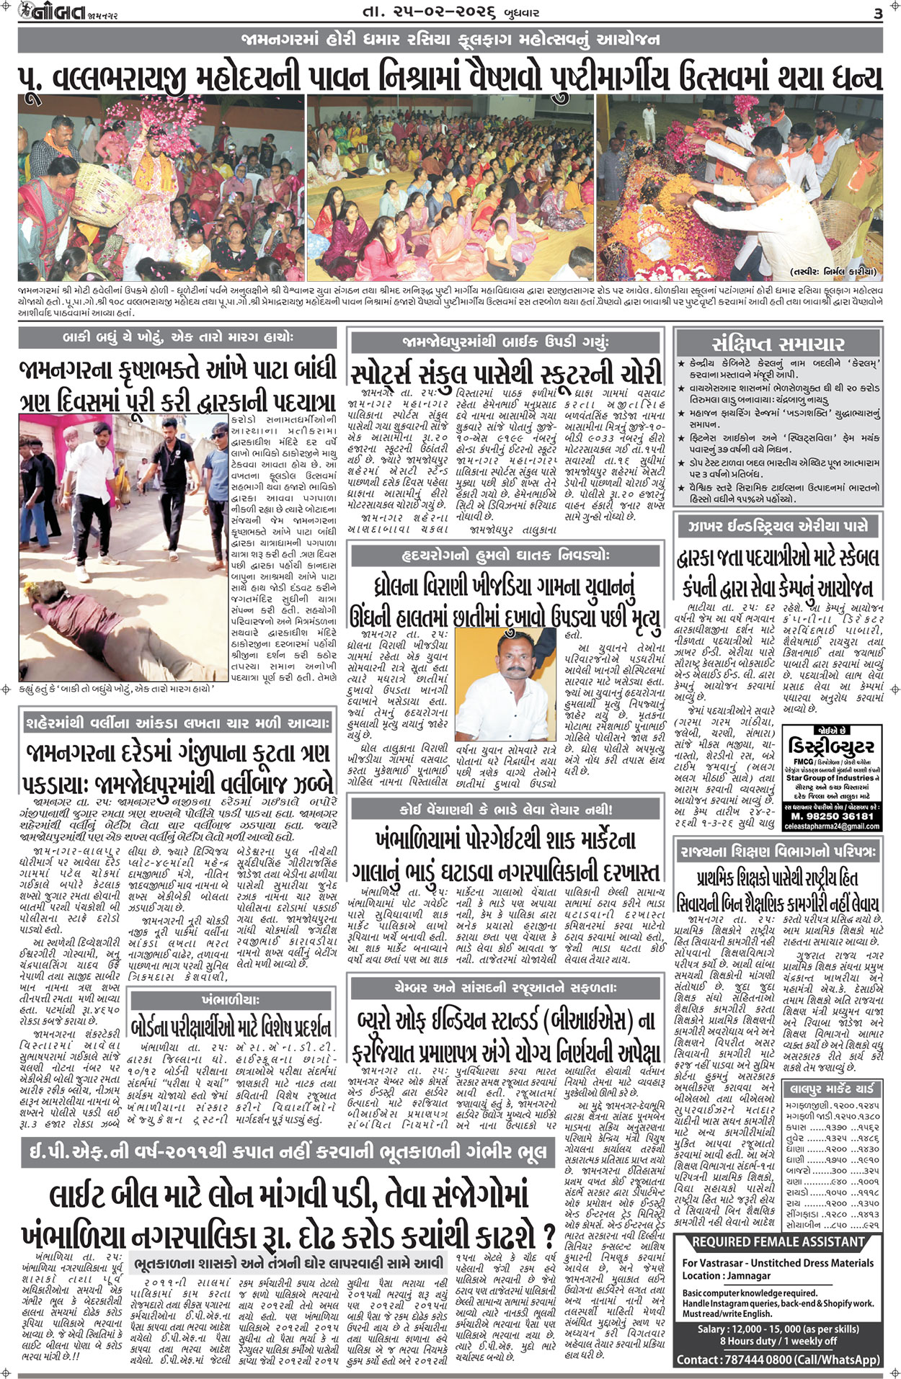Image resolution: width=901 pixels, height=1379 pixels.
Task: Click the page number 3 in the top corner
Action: (877, 13)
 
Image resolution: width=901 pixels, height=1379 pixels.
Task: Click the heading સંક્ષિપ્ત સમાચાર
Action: (778, 343)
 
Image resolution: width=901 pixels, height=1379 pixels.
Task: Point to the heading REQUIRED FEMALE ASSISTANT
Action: (778, 1241)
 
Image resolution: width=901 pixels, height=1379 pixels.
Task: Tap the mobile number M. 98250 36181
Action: (831, 816)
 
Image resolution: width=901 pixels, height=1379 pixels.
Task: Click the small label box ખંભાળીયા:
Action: (231, 1000)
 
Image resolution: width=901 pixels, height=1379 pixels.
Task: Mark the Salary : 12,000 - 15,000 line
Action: (778, 1329)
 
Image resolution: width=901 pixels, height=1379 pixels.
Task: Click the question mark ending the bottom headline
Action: (548, 1211)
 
